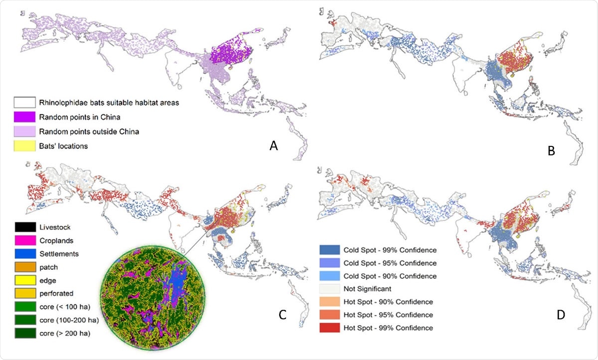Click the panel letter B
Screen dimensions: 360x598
[x=551, y=151]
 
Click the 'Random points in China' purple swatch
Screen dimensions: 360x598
[x=25, y=117]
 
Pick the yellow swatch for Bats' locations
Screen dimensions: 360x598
[x=25, y=145]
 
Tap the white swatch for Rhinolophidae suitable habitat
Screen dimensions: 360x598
[x=25, y=103]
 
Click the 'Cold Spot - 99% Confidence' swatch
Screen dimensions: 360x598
[x=331, y=249]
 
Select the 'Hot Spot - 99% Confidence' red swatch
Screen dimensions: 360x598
[x=331, y=328]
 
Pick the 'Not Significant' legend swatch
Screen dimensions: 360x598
[x=331, y=289]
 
